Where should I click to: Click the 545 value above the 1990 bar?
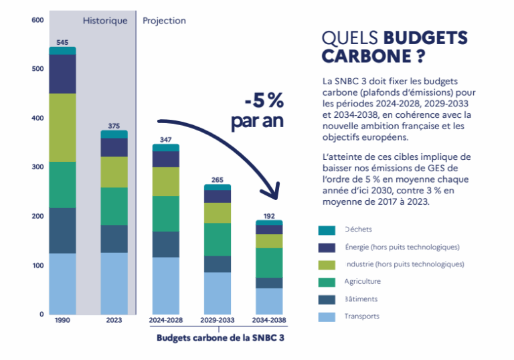point(62,42)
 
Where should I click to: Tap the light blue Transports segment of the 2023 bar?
point(114,283)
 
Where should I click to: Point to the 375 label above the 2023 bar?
point(114,126)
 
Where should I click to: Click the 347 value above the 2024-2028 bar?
point(166,139)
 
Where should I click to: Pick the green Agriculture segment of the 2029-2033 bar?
point(218,239)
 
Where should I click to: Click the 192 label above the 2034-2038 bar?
point(269,215)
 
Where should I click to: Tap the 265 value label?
point(218,179)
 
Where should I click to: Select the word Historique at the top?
point(105,21)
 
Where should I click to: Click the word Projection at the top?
point(164,21)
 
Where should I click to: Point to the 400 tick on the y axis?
point(37,118)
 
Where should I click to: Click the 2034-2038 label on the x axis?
point(269,321)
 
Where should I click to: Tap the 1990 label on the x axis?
point(62,321)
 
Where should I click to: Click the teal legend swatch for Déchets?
point(327,230)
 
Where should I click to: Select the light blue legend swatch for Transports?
point(327,317)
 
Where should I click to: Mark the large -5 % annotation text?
point(264,102)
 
